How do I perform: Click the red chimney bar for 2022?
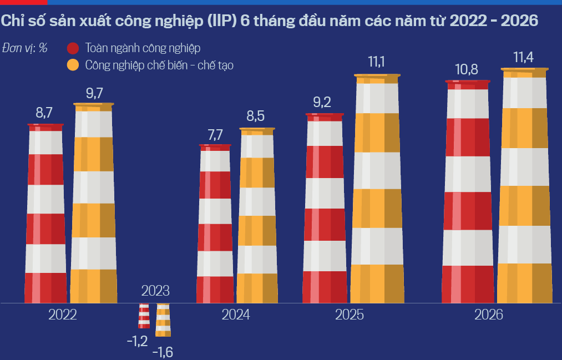[45, 214]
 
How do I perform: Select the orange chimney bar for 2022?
[94, 203]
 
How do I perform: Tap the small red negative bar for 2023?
[144, 316]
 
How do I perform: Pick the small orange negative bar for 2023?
[163, 320]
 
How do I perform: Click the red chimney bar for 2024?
[215, 224]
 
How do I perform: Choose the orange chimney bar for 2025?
[377, 189]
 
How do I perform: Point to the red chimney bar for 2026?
[468, 191]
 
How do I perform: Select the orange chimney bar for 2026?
[525, 186]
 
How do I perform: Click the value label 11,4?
[523, 57]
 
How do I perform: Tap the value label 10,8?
[467, 69]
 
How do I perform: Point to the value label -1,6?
[163, 352]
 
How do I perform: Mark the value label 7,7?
[215, 135]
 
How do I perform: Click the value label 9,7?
[94, 94]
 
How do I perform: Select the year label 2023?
[155, 291]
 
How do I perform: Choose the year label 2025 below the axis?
[350, 315]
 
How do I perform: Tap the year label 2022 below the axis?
[63, 315]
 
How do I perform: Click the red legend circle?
[73, 48]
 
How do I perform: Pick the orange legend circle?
[73, 65]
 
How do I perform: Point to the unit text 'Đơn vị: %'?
[25, 48]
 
